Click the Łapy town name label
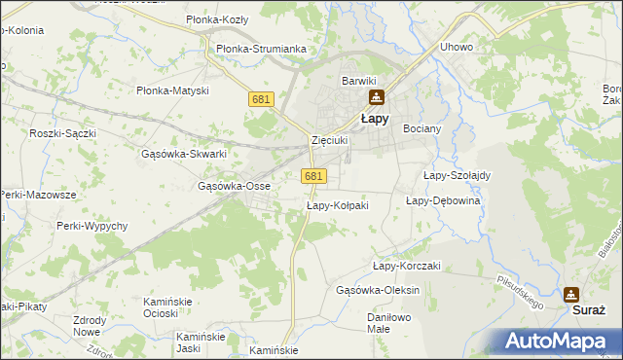(x=376, y=119)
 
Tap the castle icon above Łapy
(x=376, y=97)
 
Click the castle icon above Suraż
(x=570, y=294)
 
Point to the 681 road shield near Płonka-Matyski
(x=261, y=100)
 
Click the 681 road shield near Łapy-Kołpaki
(x=313, y=175)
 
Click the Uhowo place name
(x=456, y=47)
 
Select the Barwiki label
(x=358, y=81)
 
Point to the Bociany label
(x=422, y=127)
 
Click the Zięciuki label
(x=329, y=140)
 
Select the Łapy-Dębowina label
(x=443, y=200)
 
